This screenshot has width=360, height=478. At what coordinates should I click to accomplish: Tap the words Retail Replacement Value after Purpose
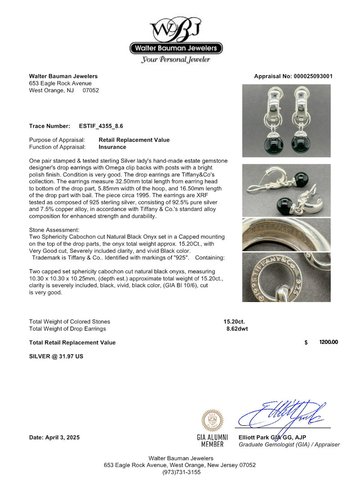pyautogui.click(x=134, y=140)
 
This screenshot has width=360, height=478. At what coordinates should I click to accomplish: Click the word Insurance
pyautogui.click(x=112, y=147)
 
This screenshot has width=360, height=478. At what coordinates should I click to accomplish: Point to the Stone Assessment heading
pyautogui.click(x=54, y=230)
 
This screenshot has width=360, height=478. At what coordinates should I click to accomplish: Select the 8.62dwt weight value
pyautogui.click(x=237, y=329)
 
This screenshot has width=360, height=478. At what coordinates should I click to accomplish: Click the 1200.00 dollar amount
pyautogui.click(x=328, y=343)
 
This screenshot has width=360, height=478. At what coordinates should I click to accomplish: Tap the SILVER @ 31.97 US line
pyautogui.click(x=56, y=356)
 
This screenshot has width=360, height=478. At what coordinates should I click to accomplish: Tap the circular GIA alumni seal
pyautogui.click(x=212, y=420)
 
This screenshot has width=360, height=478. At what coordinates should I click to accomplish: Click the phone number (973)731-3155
pyautogui.click(x=180, y=472)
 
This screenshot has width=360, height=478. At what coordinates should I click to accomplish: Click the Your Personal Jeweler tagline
pyautogui.click(x=175, y=60)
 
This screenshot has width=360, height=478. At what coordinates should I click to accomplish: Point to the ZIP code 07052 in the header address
pyautogui.click(x=90, y=90)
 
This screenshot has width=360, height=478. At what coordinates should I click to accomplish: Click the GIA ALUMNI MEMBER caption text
pyautogui.click(x=212, y=441)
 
